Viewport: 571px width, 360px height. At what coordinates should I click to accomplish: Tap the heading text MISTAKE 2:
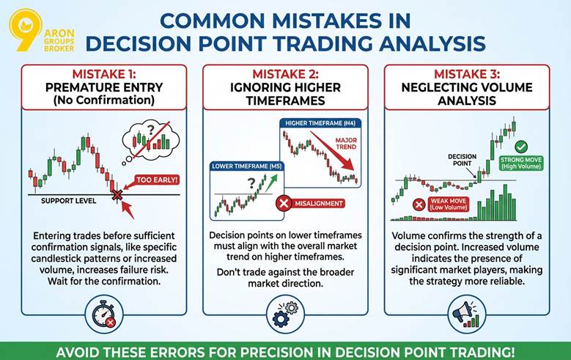coord(284,73)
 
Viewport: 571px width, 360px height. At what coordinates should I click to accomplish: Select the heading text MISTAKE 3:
coord(467,73)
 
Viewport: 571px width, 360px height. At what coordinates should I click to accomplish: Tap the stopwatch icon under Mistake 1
coord(103,312)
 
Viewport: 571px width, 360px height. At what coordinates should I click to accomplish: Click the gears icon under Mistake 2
coord(285,312)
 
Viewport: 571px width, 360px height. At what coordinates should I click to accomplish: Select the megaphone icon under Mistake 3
coord(466,312)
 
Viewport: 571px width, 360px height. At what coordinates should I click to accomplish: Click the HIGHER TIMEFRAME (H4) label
coord(317,122)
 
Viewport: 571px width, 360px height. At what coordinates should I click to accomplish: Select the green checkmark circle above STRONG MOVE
coord(521,147)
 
